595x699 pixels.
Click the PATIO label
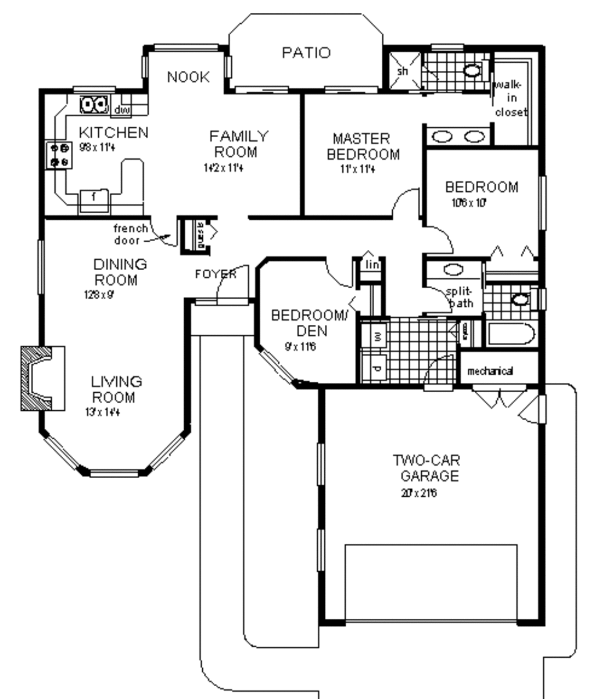(306, 53)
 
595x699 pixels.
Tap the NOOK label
(188, 77)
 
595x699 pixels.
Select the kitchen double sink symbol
(94, 105)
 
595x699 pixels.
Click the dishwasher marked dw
(121, 110)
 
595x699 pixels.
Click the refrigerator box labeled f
(93, 198)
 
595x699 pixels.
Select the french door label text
(130, 234)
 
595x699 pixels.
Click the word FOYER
(216, 274)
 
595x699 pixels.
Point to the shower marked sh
(402, 71)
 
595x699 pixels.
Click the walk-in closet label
(510, 99)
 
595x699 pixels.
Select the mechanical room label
(490, 371)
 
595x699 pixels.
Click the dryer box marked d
(374, 368)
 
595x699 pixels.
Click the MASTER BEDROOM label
(363, 146)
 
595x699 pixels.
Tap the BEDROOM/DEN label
(300, 324)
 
